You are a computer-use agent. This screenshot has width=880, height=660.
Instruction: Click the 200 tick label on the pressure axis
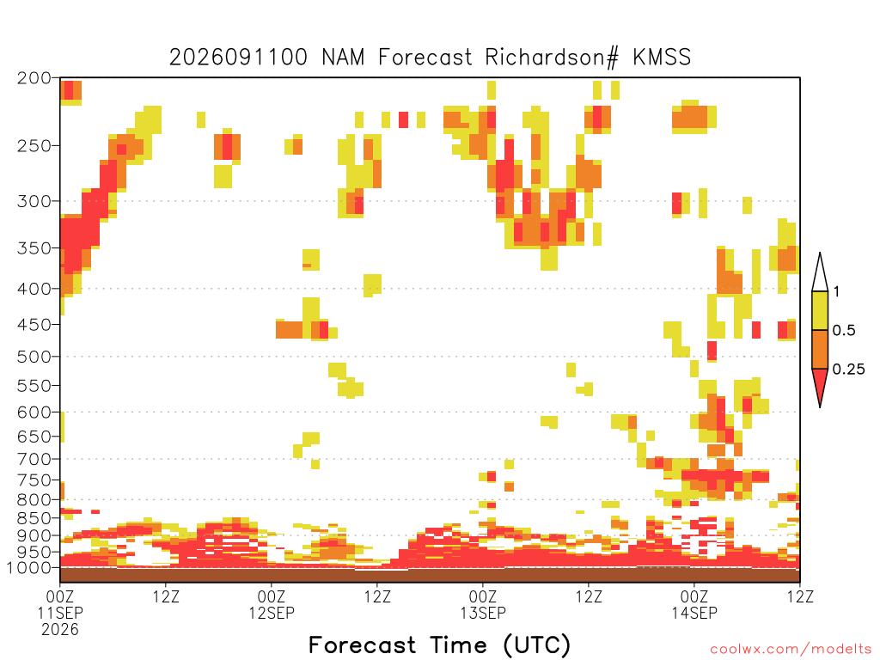point(34,78)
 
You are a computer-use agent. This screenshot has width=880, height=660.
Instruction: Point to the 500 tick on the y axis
point(34,357)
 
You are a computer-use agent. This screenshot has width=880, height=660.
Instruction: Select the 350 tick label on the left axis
point(34,248)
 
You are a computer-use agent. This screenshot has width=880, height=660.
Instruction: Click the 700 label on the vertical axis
point(34,459)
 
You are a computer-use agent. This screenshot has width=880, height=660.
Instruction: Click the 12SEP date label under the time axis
point(272,613)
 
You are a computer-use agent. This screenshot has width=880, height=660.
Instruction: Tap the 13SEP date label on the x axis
point(483,613)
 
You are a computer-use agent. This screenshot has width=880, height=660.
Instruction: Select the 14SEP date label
point(694,613)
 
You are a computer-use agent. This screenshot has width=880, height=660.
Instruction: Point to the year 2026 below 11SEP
point(60,630)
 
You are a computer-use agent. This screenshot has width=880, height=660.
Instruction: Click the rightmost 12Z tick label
point(800,596)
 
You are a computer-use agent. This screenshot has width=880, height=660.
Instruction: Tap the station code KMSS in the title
point(662,58)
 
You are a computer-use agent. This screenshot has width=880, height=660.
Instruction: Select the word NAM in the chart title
point(343,58)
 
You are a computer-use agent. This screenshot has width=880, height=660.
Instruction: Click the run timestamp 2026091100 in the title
point(239,58)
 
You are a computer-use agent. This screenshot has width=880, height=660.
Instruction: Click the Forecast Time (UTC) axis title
point(439,645)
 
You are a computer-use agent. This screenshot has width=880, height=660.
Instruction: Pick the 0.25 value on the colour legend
point(848,370)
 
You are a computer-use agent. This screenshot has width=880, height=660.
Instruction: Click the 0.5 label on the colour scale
point(844,330)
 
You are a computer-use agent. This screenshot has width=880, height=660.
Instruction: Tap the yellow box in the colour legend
point(820,310)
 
